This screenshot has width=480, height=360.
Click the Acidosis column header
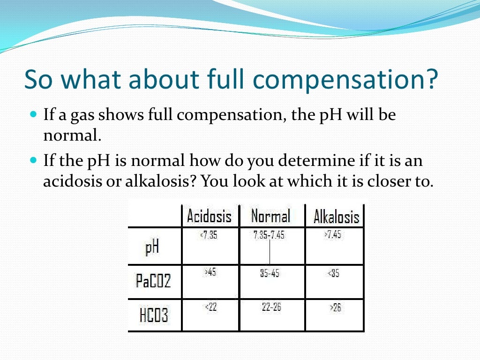[209, 217]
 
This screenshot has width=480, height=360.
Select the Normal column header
[270, 216]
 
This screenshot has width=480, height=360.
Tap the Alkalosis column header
[336, 217]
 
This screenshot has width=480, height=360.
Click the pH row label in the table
[152, 247]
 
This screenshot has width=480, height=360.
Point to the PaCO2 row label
[153, 281]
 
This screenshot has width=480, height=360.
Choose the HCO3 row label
[154, 315]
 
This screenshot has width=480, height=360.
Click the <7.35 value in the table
[209, 235]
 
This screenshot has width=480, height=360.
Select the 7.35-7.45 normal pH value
[269, 235]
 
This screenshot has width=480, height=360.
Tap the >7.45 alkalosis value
[332, 235]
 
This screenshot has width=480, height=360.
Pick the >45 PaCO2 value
[210, 272]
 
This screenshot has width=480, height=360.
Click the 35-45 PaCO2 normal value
[270, 273]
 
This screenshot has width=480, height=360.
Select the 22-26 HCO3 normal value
[271, 307]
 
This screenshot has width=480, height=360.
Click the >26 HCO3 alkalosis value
[335, 307]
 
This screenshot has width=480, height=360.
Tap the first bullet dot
[32, 114]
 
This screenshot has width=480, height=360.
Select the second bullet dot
[32, 160]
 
